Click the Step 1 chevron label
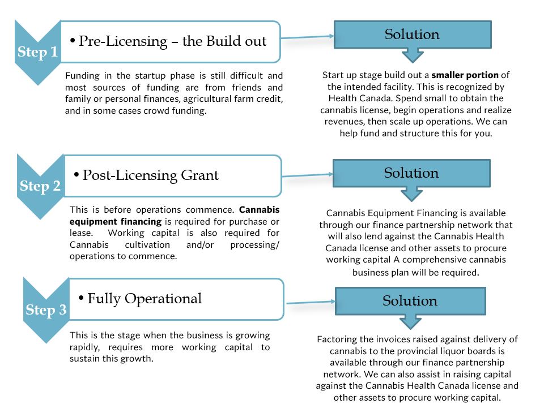[37, 52]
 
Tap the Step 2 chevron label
[40, 186]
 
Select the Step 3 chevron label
[46, 309]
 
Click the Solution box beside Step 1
[413, 35]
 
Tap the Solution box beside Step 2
[411, 173]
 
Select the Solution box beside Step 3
[410, 301]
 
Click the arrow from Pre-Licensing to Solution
[307, 37]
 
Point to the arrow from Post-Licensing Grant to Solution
[307, 175]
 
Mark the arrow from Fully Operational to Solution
[311, 302]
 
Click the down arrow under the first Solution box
[413, 55]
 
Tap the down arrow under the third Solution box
[410, 322]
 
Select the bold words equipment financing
[116, 222]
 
